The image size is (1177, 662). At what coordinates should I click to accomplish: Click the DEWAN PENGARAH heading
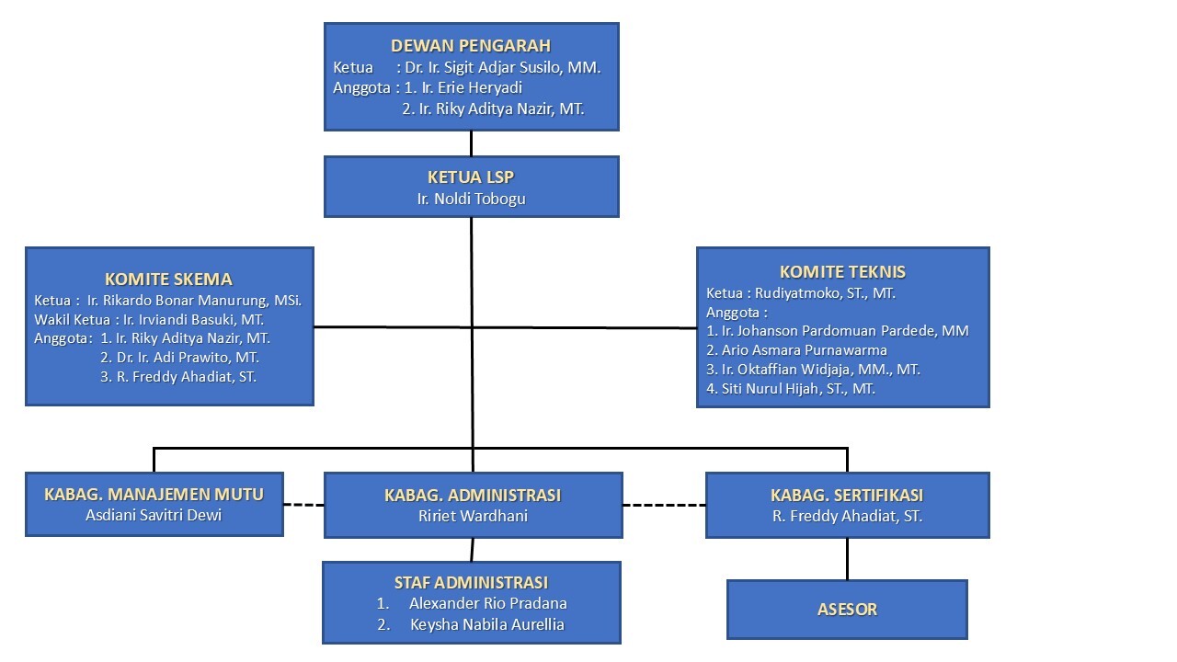click(471, 46)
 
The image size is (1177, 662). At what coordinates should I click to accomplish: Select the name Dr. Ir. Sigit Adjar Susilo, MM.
click(503, 67)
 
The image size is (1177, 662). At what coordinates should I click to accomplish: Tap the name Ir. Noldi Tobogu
click(471, 198)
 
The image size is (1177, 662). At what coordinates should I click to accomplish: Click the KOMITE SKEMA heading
click(168, 280)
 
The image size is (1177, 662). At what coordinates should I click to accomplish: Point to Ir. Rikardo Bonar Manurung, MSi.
click(195, 301)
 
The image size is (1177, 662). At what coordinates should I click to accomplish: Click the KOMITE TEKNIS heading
click(842, 272)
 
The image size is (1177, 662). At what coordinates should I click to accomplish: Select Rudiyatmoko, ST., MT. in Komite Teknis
click(826, 293)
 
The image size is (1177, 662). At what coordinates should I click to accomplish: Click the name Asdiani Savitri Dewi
click(154, 515)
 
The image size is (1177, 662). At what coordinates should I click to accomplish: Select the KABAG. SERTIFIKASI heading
click(847, 496)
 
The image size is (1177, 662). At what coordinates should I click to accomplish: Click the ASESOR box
click(847, 609)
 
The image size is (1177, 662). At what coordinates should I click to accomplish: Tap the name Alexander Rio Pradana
click(487, 603)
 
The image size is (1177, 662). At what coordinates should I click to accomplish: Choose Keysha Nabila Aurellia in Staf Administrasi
click(486, 624)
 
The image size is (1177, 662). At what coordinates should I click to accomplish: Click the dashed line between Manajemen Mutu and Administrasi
click(303, 505)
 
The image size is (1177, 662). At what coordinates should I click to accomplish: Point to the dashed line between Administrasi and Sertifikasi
click(663, 505)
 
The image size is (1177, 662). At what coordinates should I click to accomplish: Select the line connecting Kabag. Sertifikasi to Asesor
click(847, 558)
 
